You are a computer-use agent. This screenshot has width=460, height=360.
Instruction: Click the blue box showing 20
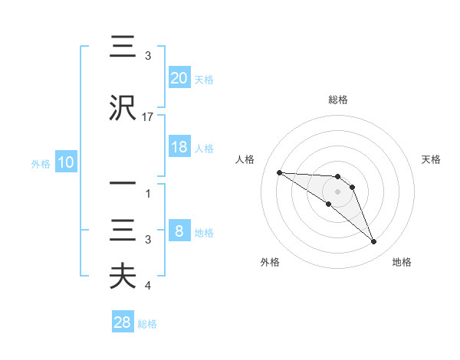pyautogui.click(x=179, y=77)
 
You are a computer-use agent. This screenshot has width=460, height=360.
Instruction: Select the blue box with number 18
pyautogui.click(x=179, y=147)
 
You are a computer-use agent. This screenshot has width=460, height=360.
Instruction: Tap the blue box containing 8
pyautogui.click(x=179, y=231)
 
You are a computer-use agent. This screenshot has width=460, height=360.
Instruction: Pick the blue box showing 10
pyautogui.click(x=65, y=163)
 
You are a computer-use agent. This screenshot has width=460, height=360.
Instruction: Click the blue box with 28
pyautogui.click(x=123, y=322)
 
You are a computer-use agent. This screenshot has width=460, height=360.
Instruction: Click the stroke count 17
pyautogui.click(x=148, y=117)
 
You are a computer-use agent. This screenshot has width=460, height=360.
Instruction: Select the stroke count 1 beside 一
pyautogui.click(x=148, y=194)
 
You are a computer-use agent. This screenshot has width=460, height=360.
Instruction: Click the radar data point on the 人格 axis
pyautogui.click(x=279, y=172)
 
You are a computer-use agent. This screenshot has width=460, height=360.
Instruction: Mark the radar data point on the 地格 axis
pyautogui.click(x=373, y=242)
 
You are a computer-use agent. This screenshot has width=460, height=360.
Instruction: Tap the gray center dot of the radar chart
pyautogui.click(x=337, y=191)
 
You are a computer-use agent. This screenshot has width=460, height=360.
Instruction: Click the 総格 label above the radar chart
pyautogui.click(x=337, y=100)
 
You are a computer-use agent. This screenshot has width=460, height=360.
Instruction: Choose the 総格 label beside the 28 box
pyautogui.click(x=147, y=323)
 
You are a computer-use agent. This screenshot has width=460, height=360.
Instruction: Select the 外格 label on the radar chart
pyautogui.click(x=270, y=262)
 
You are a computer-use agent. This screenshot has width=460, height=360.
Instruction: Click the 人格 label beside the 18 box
pyautogui.click(x=204, y=148)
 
